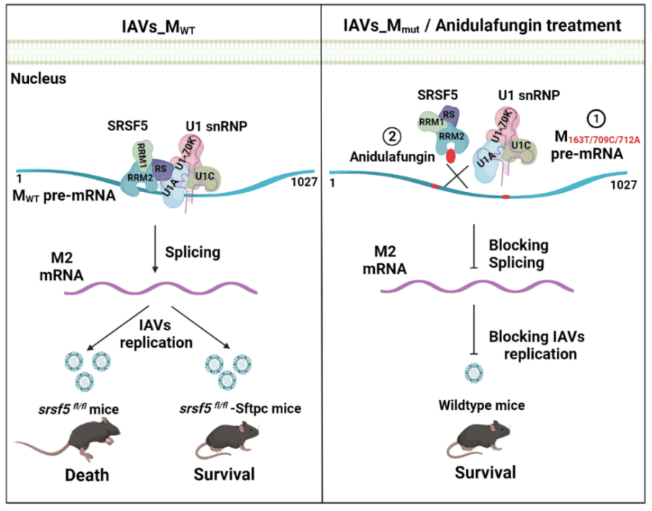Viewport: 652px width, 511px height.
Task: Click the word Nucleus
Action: [38, 78]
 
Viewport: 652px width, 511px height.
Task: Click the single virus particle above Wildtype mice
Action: [474, 373]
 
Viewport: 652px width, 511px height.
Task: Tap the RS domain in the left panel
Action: [161, 166]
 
